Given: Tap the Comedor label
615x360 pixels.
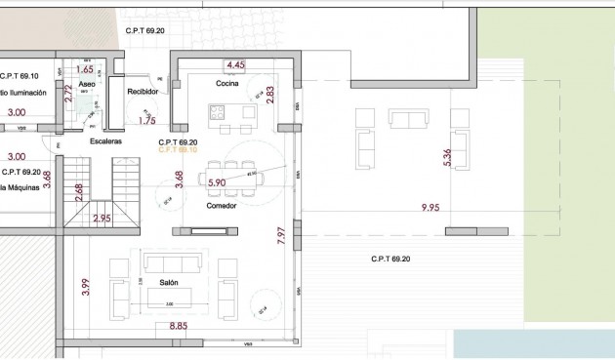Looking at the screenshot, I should (x=222, y=206).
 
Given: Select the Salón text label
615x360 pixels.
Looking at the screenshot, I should (x=181, y=282).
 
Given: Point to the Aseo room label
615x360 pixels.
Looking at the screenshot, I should (x=87, y=85).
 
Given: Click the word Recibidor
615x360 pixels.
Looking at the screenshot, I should (x=143, y=92).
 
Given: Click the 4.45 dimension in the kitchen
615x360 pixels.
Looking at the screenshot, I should (x=235, y=65).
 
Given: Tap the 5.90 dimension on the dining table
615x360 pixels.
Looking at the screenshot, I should (x=216, y=181).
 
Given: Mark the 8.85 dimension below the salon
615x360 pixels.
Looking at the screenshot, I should (x=179, y=327).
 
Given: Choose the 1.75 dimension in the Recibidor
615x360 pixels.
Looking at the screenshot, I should (x=147, y=121).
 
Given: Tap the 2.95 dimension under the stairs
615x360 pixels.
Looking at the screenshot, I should (x=102, y=219).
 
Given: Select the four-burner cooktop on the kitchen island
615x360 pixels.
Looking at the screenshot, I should (x=216, y=126).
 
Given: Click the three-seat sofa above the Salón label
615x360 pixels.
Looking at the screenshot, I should (x=173, y=261).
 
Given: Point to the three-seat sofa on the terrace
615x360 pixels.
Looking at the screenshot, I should (x=408, y=119).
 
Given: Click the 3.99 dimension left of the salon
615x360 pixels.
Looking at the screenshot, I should (x=86, y=286).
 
